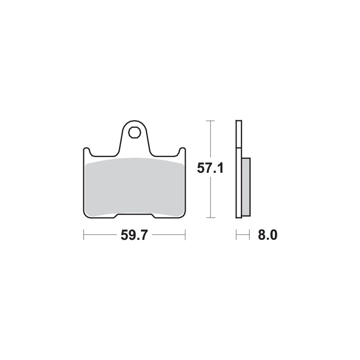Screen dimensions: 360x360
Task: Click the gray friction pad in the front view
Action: point(134,186)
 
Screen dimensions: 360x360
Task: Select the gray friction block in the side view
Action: point(246,186)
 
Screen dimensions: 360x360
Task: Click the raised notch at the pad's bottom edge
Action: point(134,216)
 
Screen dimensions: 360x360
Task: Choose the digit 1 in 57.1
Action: point(220,168)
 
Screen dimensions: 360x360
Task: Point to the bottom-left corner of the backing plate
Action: point(85,216)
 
